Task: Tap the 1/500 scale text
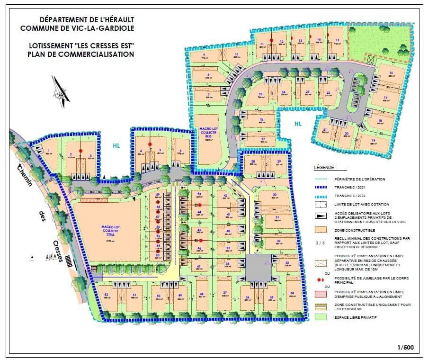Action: coord(406,348)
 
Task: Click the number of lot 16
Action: coord(391,72)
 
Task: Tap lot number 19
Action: coord(373,141)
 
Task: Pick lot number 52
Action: coord(106,295)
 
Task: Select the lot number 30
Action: coord(274,195)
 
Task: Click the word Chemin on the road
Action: coord(21,170)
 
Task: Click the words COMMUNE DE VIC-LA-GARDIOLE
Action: coord(77,28)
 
